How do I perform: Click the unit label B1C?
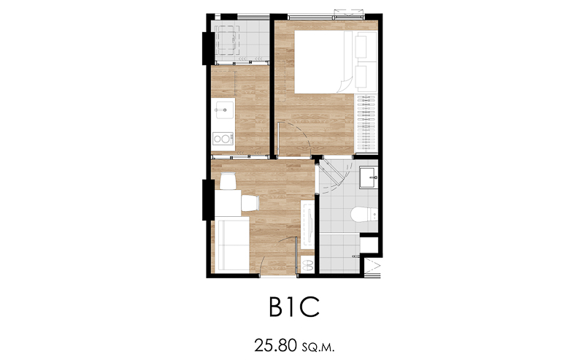pyautogui.click(x=294, y=307)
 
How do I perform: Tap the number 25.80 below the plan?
pyautogui.click(x=275, y=345)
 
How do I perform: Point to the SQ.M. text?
pyautogui.click(x=318, y=348)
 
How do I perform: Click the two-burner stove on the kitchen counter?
pyautogui.click(x=223, y=139)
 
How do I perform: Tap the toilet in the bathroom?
pyautogui.click(x=364, y=215)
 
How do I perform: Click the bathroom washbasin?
pyautogui.click(x=369, y=177)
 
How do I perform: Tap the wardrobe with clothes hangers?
pyautogui.click(x=366, y=123)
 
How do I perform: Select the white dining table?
pyautogui.click(x=227, y=203)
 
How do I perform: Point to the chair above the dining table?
pyautogui.click(x=228, y=181)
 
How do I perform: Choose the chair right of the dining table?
pyautogui.click(x=250, y=203)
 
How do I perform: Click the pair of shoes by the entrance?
pyautogui.click(x=307, y=265)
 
